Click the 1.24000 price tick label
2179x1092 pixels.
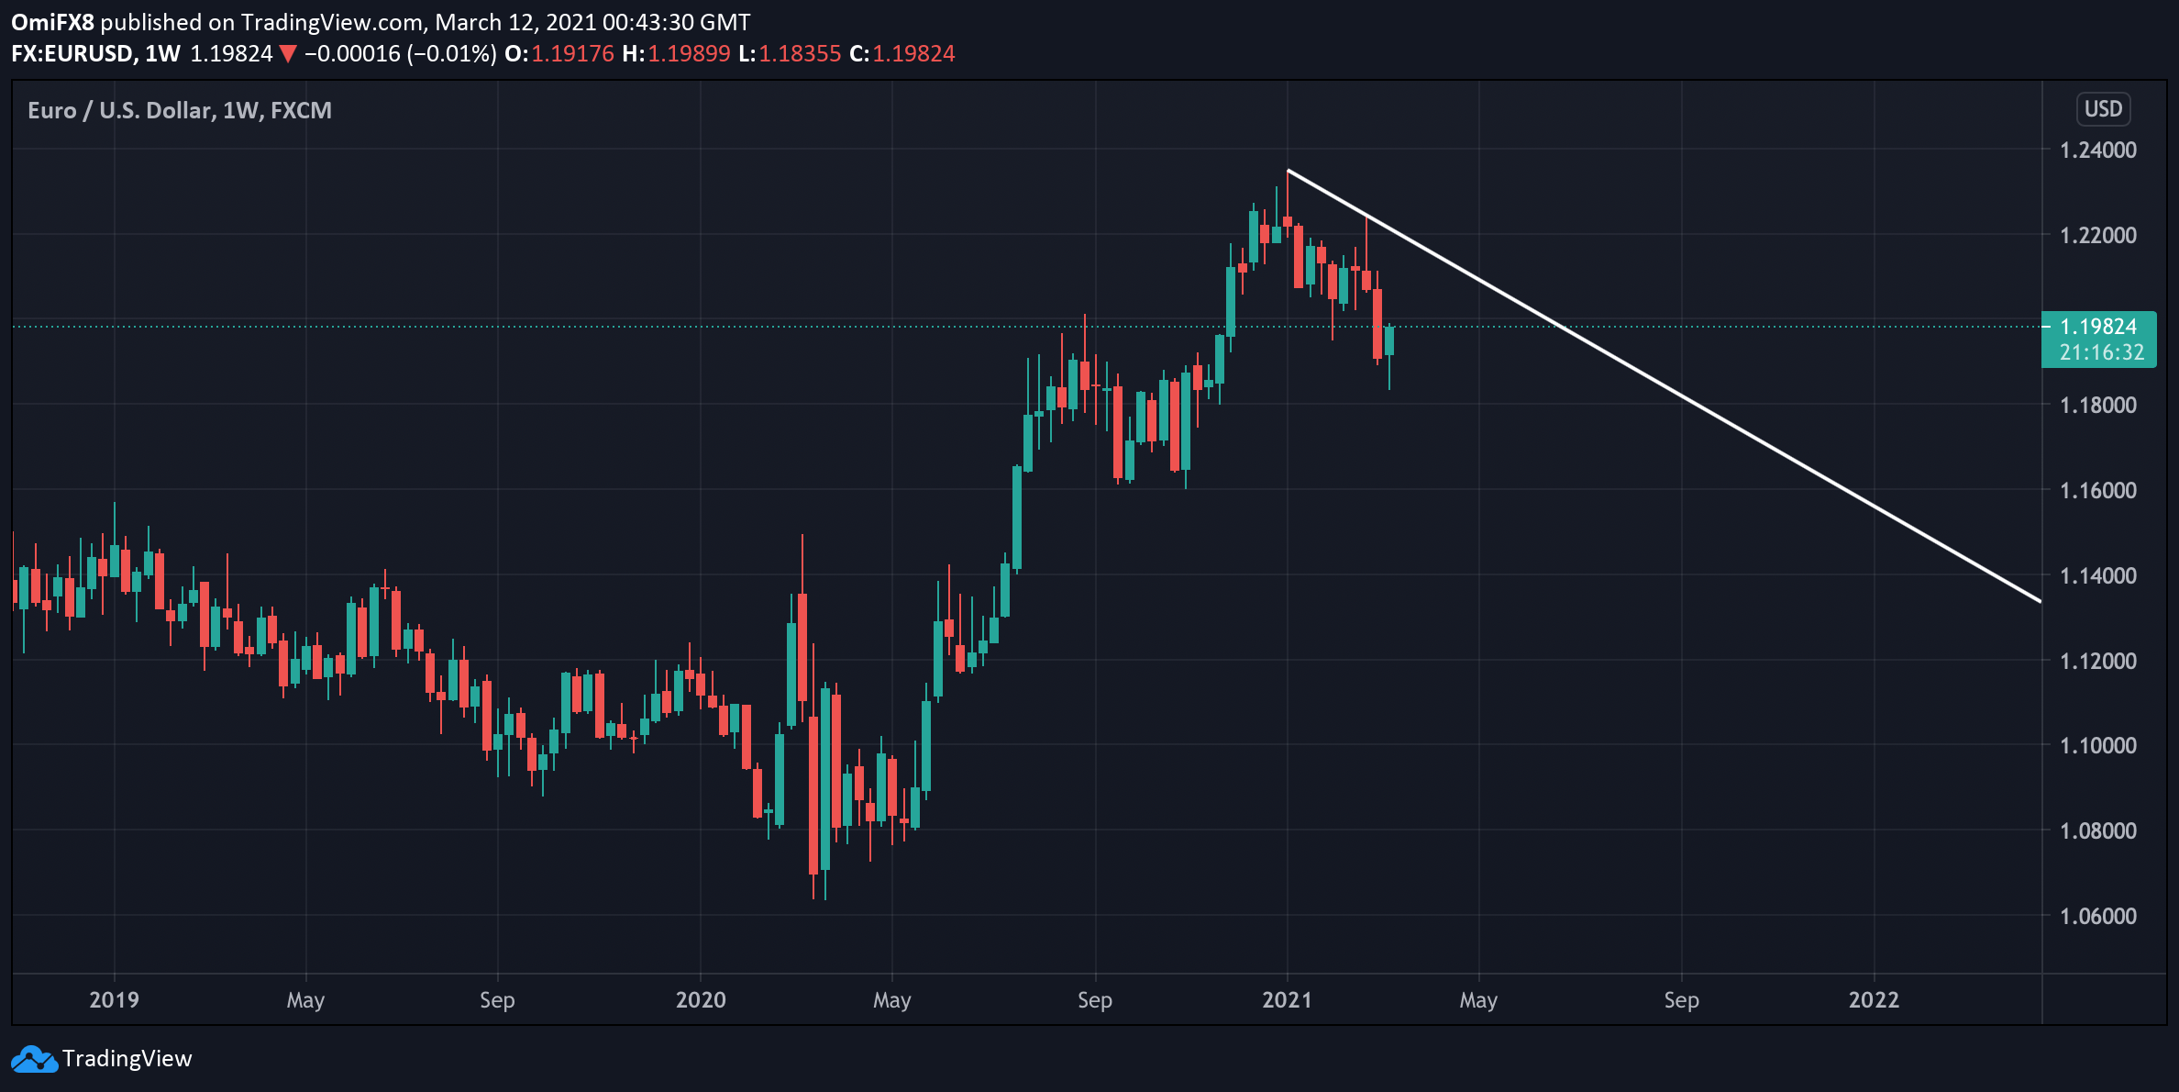click(2097, 150)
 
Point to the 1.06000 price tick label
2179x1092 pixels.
click(2097, 916)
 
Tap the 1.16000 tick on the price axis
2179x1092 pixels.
click(2097, 491)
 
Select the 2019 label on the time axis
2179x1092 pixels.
click(114, 999)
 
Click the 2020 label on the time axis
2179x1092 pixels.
click(701, 999)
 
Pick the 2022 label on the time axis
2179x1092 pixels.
click(1874, 999)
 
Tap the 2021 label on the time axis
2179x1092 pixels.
click(1287, 999)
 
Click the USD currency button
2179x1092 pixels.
click(2103, 109)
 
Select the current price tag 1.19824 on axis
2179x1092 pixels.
click(2097, 327)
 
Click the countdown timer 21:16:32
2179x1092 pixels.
click(2101, 352)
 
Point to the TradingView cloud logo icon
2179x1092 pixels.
click(34, 1059)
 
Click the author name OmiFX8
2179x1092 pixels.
click(52, 22)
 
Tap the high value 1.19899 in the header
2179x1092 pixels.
click(689, 54)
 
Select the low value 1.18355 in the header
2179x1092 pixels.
click(800, 54)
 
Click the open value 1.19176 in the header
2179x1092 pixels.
click(572, 54)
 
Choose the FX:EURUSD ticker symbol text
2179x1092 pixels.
click(73, 54)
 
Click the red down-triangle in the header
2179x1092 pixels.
click(288, 54)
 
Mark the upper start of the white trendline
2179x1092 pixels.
click(1289, 171)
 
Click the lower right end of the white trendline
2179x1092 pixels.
click(2040, 601)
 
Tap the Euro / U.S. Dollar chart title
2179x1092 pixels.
click(179, 111)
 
